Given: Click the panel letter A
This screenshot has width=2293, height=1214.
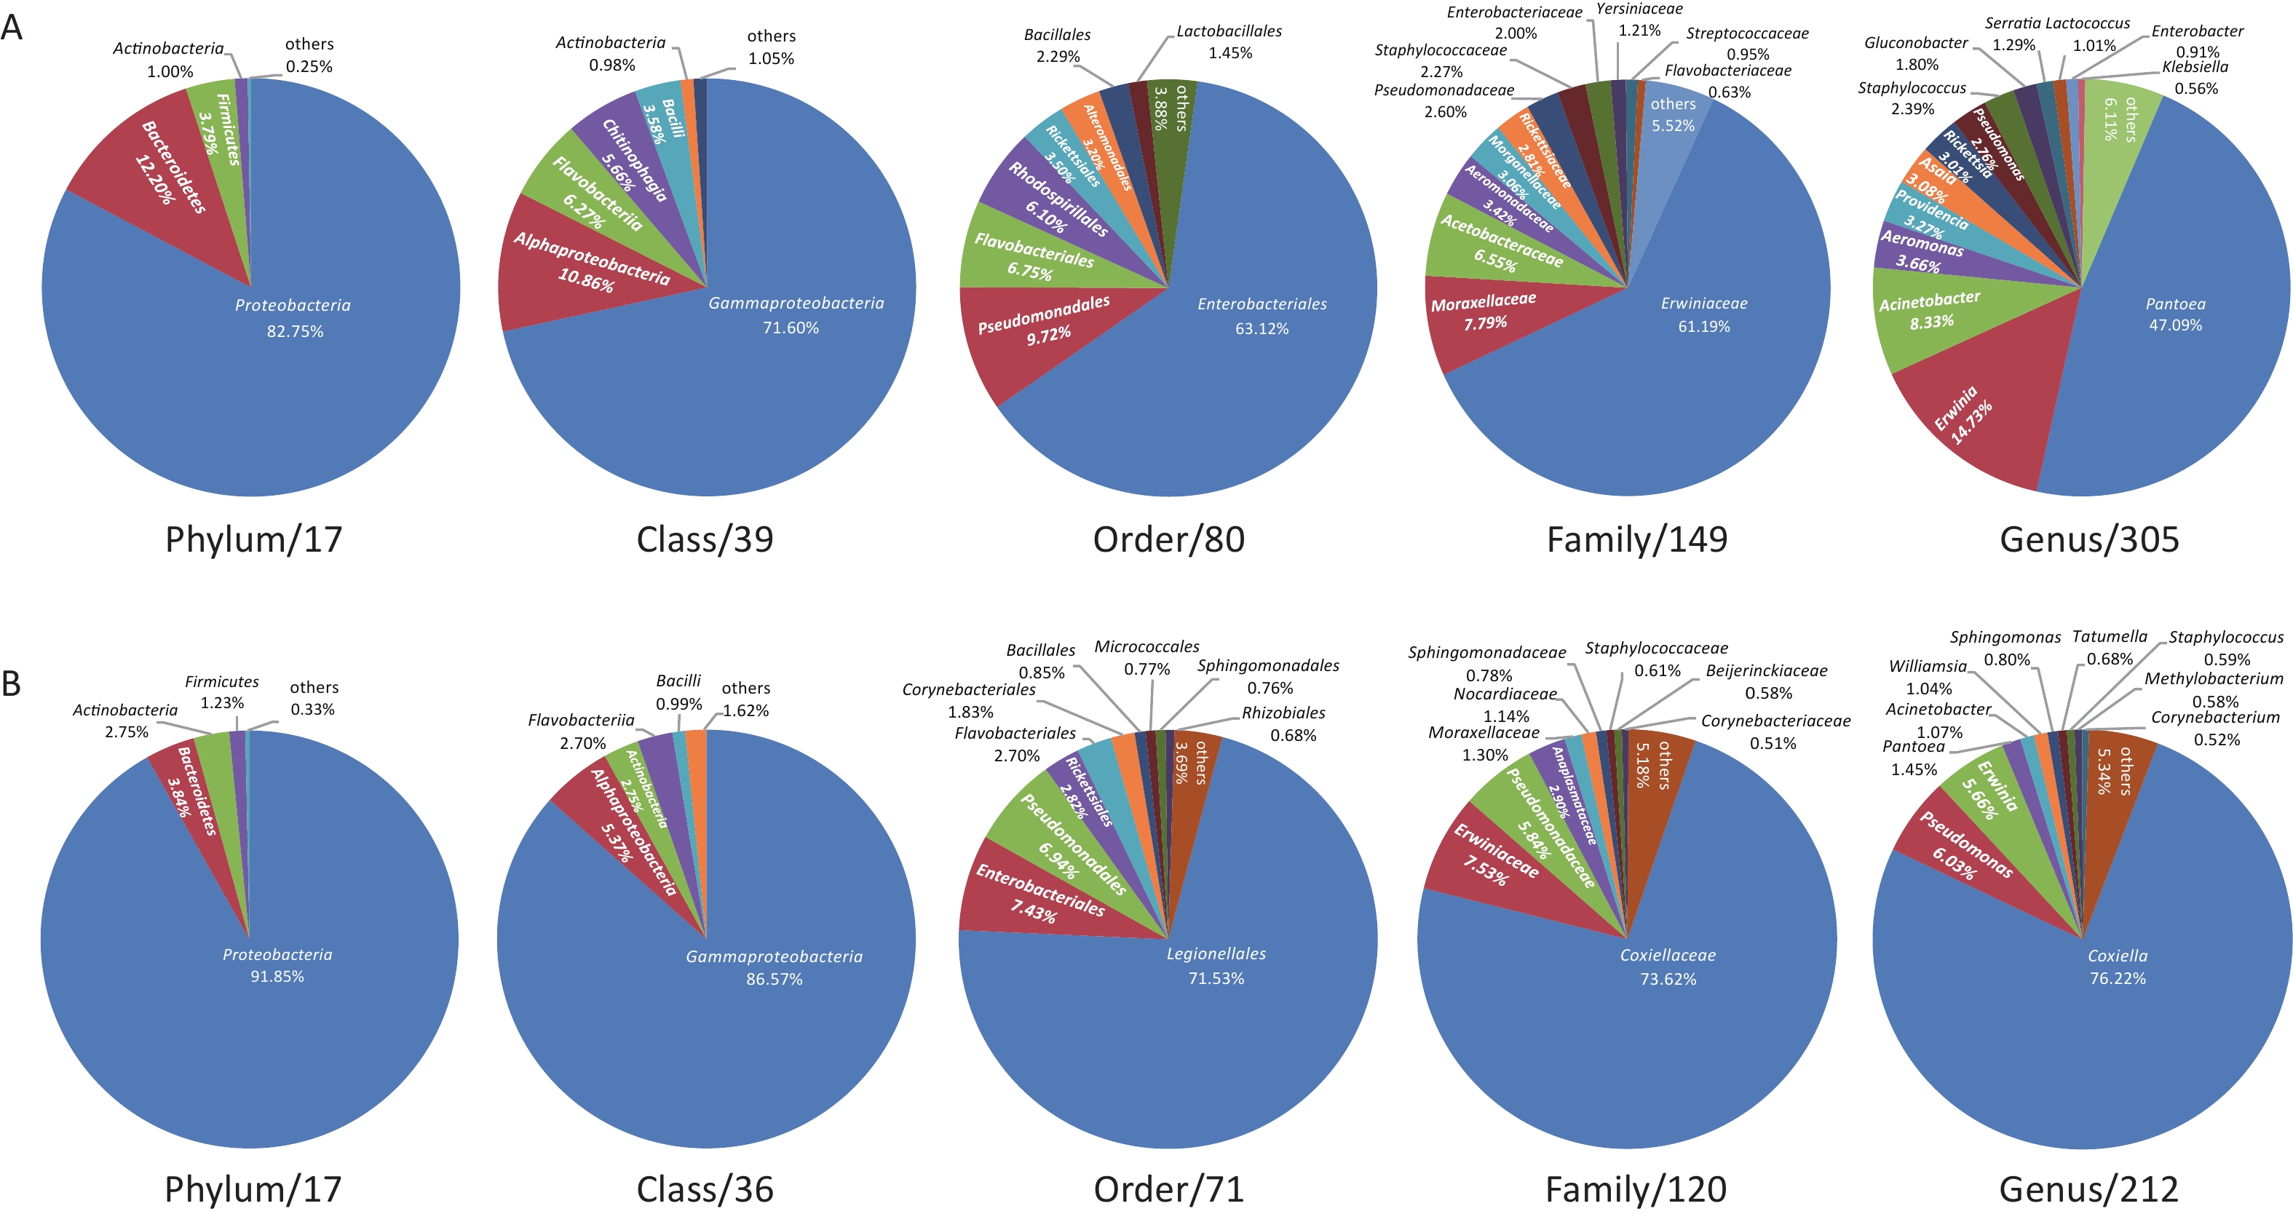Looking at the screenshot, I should pos(12,27).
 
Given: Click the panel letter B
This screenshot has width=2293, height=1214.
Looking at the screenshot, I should pos(12,683).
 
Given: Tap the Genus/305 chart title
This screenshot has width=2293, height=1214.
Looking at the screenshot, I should pos(2089,539).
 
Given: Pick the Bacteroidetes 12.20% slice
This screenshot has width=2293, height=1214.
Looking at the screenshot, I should pos(169,169).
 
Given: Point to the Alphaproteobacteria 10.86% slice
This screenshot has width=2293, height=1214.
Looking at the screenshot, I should pos(587,263).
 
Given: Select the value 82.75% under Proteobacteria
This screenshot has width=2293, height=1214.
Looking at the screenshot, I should pos(295,331).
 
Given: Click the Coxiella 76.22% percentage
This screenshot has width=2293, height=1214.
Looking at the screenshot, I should pos(2118,978).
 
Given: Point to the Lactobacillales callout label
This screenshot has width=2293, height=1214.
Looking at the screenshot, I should pos(1229,31).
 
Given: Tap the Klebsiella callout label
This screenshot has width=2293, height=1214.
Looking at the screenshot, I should pos(2195,67).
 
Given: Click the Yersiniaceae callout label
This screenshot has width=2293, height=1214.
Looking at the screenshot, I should pos(1639,9).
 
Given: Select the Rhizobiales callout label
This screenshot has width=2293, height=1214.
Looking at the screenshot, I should pos(1283,713).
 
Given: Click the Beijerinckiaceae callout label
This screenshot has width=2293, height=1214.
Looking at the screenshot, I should pos(1766,671).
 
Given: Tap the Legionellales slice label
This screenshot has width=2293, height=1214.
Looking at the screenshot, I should pos(1216,954).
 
